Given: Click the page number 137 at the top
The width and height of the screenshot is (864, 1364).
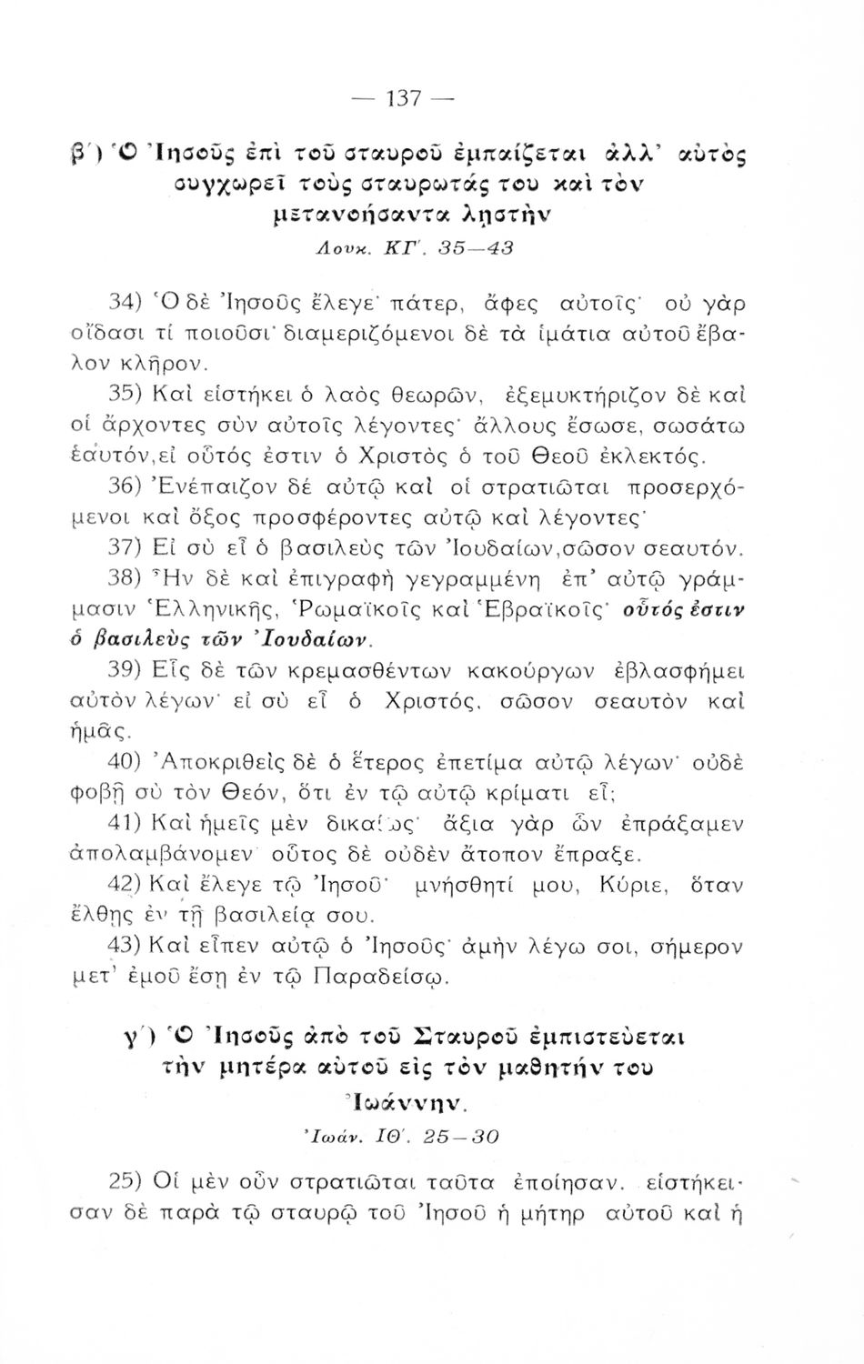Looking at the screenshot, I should [x=401, y=99].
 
